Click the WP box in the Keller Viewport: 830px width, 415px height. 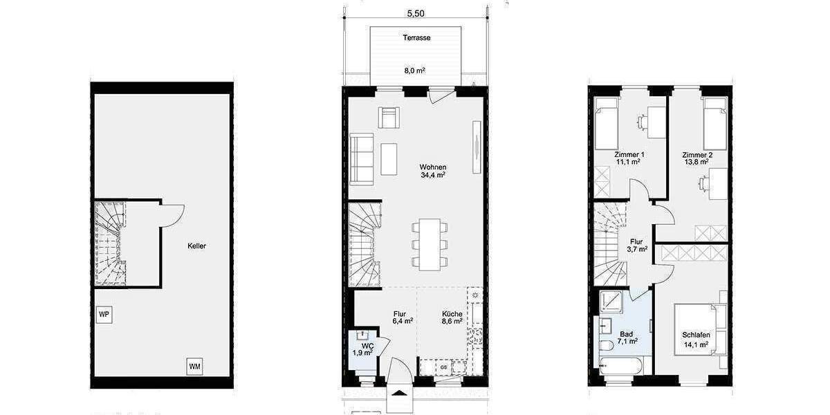pos(104,314)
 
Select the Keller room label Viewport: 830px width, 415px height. pos(196,246)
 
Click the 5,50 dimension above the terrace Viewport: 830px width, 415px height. pos(415,12)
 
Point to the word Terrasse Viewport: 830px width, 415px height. pos(416,38)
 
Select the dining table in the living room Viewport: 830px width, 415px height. pos(430,244)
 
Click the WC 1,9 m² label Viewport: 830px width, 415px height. pos(363,349)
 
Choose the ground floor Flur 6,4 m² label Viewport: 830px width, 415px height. pos(403,317)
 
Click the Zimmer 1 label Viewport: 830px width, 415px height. pos(629,158)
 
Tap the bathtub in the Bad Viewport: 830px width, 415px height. pos(625,367)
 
